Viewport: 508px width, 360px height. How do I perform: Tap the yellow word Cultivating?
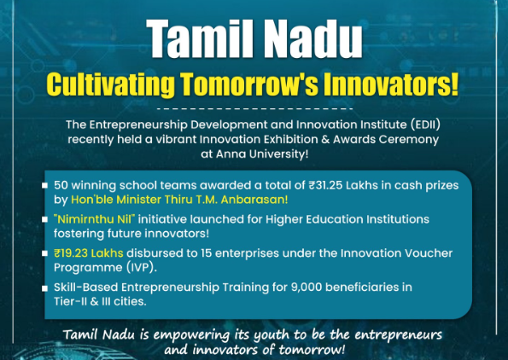(111, 84)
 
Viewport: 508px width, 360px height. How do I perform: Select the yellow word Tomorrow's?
(249, 84)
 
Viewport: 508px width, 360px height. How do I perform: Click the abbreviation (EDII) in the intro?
(425, 125)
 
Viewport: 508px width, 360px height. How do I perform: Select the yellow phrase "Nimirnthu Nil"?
(94, 219)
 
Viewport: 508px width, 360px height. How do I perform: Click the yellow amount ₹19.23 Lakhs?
(89, 253)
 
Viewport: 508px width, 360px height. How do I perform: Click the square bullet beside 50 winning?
(44, 185)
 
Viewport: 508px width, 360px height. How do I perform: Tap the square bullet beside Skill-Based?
(44, 287)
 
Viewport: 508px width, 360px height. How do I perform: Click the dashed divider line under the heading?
(254, 109)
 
